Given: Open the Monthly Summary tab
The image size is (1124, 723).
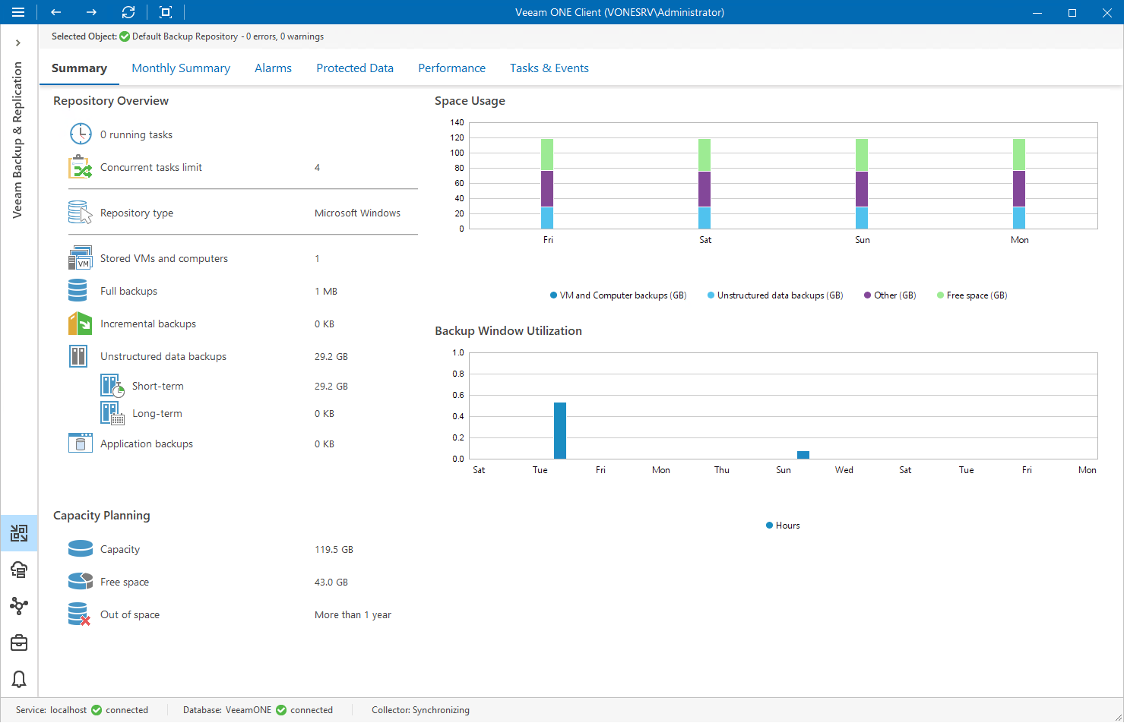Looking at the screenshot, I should point(180,68).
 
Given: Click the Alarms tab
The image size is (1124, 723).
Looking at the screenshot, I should point(273,68).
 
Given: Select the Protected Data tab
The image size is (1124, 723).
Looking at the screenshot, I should point(354,68).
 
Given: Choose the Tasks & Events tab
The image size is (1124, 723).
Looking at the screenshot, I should point(549,68).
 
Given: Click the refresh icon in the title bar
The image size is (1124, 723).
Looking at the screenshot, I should point(128,12).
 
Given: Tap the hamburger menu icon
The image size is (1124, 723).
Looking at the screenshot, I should point(18,12).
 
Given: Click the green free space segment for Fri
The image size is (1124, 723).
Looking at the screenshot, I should point(547,155).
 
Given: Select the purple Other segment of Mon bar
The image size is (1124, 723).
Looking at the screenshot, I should point(1018,188).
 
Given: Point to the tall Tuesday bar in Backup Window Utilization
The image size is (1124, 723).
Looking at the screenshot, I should point(560,431).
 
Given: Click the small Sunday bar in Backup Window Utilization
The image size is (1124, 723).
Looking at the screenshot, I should point(803,455).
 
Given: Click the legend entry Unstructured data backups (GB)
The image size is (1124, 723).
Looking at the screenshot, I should point(775,295).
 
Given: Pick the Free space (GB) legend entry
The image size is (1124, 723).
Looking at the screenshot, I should point(972,295).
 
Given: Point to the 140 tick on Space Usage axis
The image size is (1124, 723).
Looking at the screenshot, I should point(457,122).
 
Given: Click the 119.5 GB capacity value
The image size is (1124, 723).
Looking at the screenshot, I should point(334,550).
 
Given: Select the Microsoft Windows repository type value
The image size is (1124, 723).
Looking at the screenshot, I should point(357,213).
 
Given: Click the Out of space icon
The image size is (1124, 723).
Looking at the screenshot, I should point(80,614).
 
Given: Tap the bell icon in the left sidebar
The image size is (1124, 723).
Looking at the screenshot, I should point(19,679).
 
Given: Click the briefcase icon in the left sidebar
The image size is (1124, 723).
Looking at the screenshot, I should point(19,642).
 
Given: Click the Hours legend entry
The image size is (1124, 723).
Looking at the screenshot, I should point(783,526).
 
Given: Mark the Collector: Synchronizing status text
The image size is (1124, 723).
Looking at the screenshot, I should point(420,710).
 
